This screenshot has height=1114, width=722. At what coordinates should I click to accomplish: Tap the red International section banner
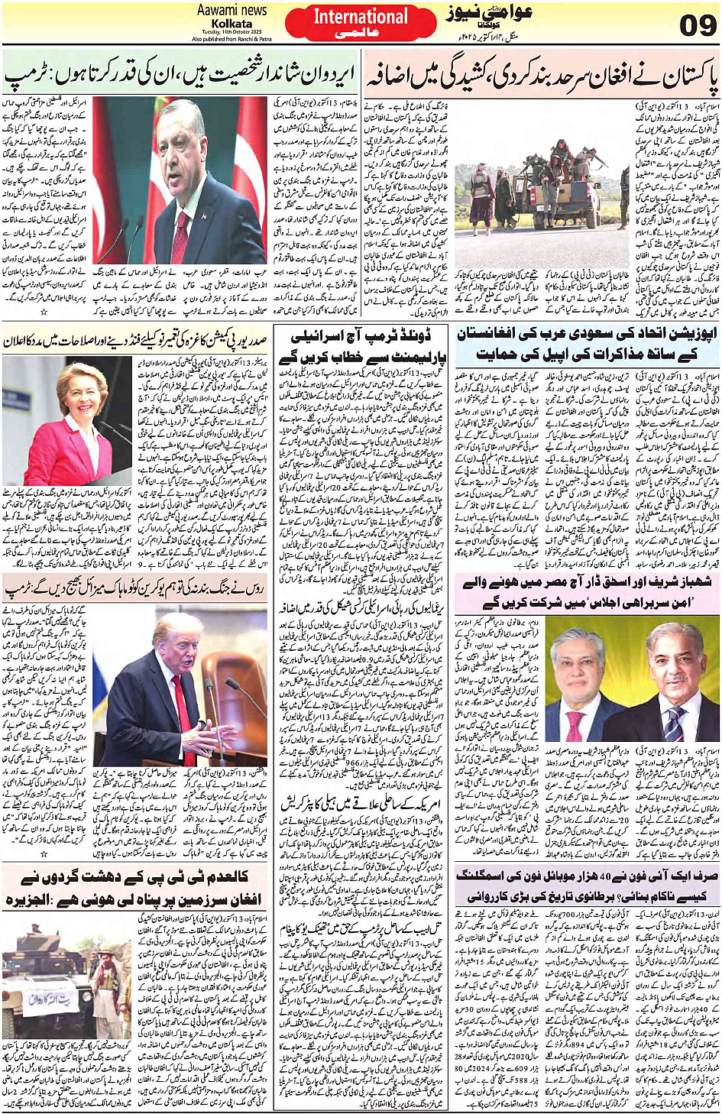(x=361, y=22)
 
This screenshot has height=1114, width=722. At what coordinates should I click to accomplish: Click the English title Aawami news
(x=231, y=10)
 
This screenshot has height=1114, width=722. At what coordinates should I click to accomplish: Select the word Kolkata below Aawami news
(x=232, y=24)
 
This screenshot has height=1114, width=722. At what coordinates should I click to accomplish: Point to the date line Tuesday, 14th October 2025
(x=232, y=33)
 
